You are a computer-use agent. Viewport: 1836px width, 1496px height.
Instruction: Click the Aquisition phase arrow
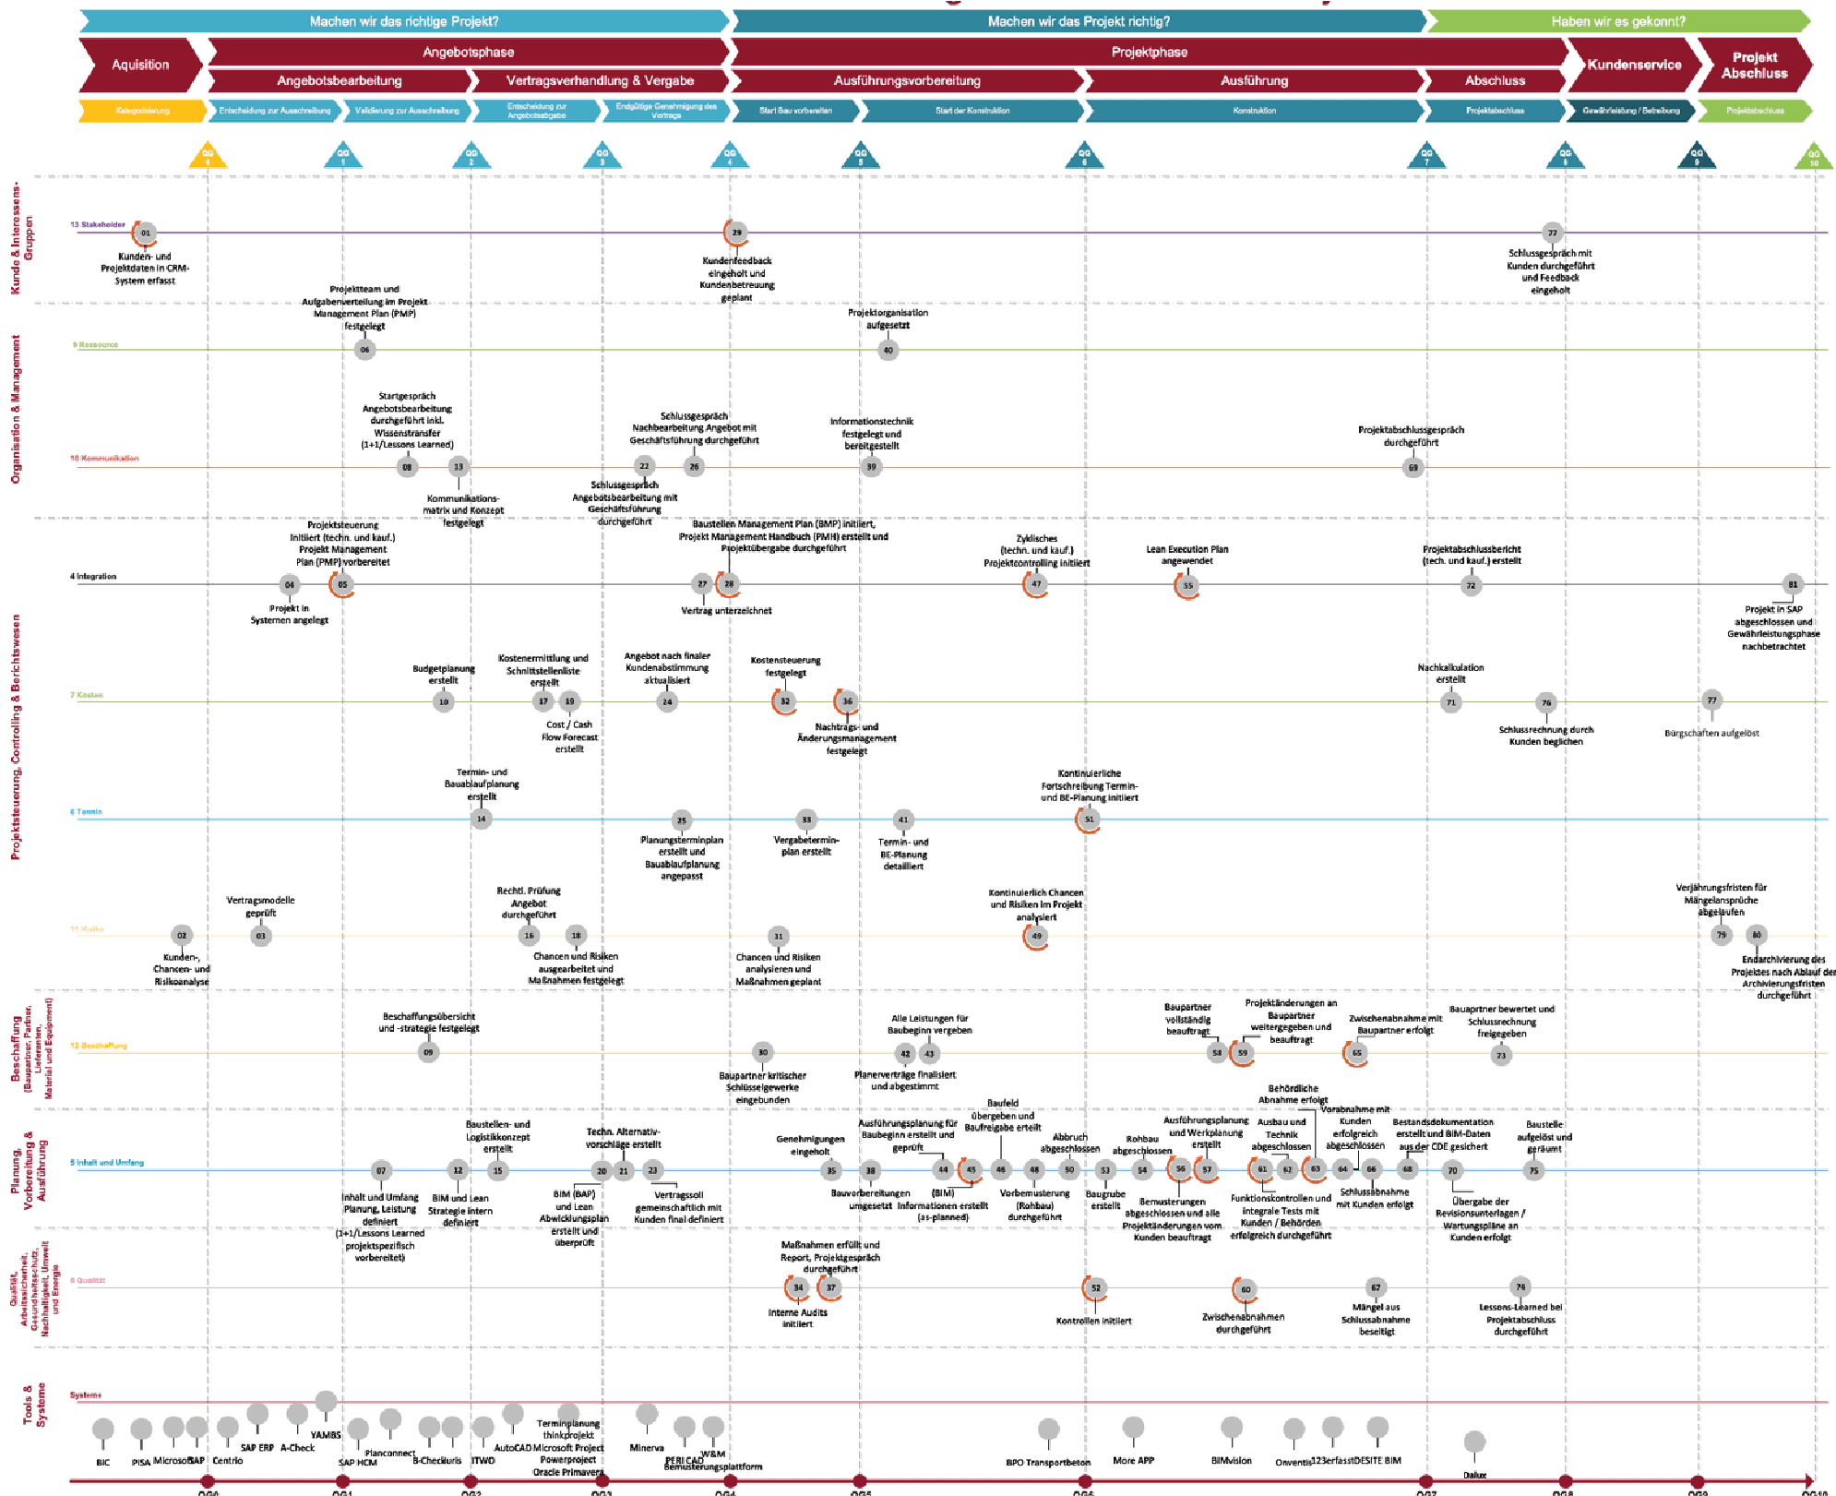pos(140,65)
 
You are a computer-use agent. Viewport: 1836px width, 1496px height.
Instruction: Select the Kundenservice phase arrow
pos(1633,65)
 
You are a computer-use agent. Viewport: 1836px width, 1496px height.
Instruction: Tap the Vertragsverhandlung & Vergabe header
pos(600,81)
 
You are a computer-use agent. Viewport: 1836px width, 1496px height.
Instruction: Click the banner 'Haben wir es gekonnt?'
pos(1617,21)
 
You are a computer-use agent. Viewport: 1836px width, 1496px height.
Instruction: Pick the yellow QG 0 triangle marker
pos(208,156)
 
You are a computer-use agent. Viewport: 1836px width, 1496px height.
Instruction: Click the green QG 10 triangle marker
pos(1813,158)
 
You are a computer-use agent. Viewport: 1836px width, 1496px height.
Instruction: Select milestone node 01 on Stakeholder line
pos(145,233)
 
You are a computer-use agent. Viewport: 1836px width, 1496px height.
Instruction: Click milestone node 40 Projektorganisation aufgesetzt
pos(888,350)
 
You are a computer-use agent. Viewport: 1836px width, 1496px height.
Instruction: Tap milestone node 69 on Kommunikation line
pos(1413,468)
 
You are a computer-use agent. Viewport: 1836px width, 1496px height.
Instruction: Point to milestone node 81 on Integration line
pos(1792,584)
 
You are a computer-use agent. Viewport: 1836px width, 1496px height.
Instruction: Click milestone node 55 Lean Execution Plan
pos(1187,585)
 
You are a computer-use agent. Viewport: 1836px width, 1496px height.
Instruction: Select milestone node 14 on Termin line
pos(481,819)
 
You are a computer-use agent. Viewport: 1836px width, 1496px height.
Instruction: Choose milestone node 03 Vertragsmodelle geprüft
pos(261,936)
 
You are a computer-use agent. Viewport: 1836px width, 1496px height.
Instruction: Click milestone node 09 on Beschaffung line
pos(428,1052)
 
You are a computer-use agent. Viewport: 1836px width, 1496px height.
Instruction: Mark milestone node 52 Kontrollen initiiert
pos(1095,1287)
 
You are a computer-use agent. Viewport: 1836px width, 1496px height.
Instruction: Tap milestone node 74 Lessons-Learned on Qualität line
pos(1520,1287)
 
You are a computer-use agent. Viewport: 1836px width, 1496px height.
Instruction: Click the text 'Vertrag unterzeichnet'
pos(726,611)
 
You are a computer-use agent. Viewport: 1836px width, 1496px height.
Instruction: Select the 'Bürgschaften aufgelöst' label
pos(1711,734)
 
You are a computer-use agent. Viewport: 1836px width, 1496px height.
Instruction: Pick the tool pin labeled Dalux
pos(1474,1443)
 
